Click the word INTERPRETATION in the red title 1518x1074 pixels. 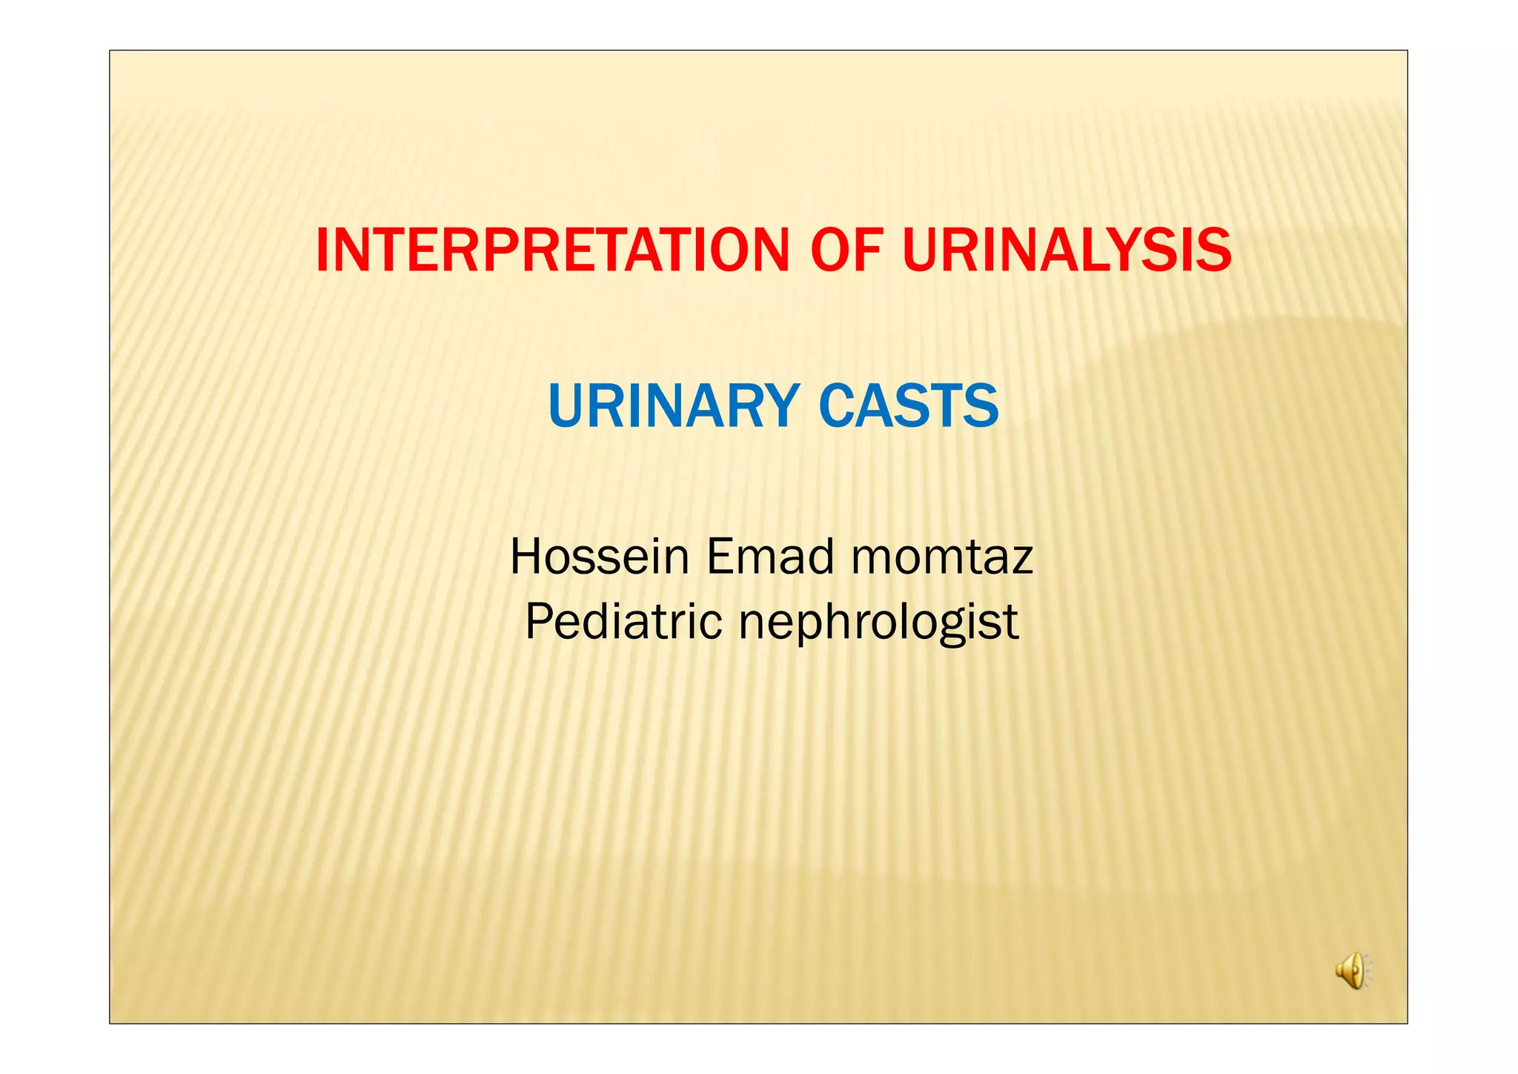pos(552,251)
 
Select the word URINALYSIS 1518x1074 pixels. pos(1067,251)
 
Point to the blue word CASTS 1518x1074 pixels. pos(909,406)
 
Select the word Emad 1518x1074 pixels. pos(770,557)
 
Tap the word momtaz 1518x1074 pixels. pos(942,557)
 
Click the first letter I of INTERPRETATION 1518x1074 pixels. pos(322,251)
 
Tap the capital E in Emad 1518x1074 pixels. pos(720,557)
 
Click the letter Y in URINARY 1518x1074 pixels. pos(777,406)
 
